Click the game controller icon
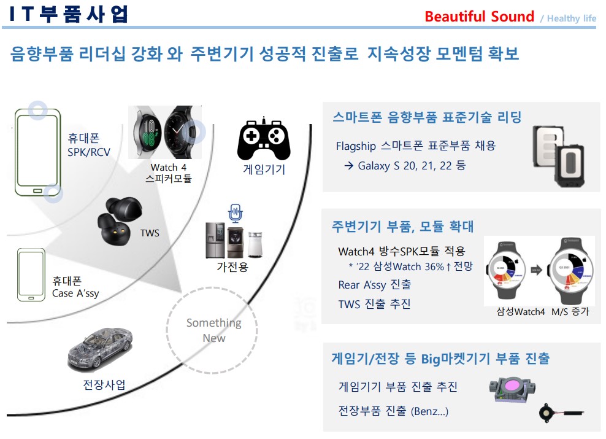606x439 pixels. [x=264, y=139]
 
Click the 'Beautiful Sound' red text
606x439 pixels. [x=479, y=17]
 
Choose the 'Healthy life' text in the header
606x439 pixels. [x=571, y=18]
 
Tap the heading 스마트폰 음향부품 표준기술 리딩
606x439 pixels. [x=427, y=117]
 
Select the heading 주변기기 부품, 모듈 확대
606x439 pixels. [x=402, y=226]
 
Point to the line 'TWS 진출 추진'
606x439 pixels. [x=374, y=304]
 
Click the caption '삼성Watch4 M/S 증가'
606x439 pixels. [x=542, y=311]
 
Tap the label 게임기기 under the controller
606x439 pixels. [x=264, y=170]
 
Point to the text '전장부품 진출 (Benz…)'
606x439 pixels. [x=393, y=411]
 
